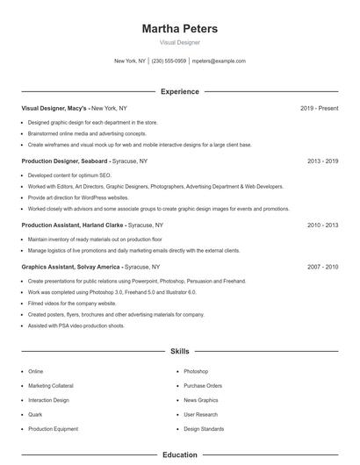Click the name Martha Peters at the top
tap(180, 29)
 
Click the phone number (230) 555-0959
tap(169, 61)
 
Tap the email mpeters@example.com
tap(219, 61)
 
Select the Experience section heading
tap(180, 91)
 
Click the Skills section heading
tap(180, 351)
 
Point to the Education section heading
tap(180, 455)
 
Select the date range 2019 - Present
tap(319, 108)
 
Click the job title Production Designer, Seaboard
tap(66, 161)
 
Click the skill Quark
tap(36, 414)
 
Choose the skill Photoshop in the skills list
tap(196, 371)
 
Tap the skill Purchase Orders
tap(203, 386)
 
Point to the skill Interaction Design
tap(48, 400)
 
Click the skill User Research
tap(201, 414)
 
